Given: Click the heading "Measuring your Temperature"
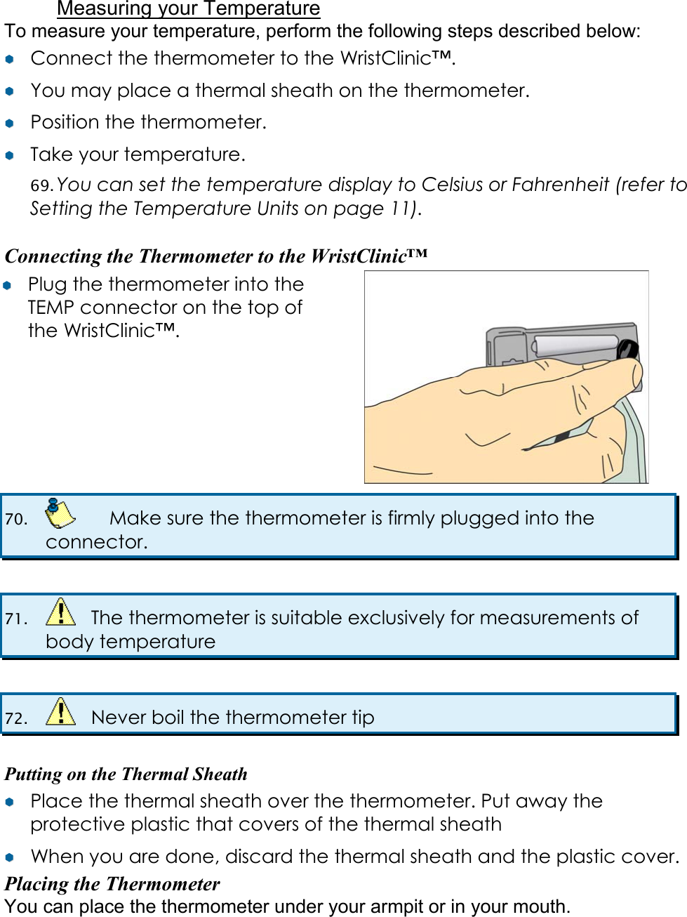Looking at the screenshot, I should coord(188,9).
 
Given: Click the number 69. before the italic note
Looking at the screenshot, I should coord(41,185).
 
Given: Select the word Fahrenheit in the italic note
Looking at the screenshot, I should coord(560,185).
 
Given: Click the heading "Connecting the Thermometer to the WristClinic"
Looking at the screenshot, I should coord(215,256).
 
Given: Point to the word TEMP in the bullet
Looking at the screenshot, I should coord(51,308).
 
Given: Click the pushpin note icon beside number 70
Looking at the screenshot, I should coord(60,514).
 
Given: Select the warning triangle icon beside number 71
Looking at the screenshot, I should coord(60,612).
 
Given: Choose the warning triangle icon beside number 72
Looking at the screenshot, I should coord(60,712).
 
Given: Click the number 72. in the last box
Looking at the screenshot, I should coord(16,718).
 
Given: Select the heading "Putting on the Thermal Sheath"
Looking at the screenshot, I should coord(126,774).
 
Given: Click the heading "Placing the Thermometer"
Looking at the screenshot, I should coord(112,883).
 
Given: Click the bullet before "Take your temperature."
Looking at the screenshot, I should coord(10,155).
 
